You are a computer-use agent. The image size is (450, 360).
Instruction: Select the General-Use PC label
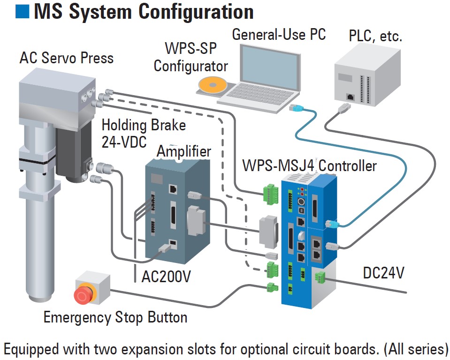click(x=279, y=34)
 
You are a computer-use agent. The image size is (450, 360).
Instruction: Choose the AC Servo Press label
click(x=66, y=58)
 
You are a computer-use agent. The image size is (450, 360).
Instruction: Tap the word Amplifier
click(x=183, y=151)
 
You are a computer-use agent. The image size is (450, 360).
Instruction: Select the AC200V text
click(x=166, y=277)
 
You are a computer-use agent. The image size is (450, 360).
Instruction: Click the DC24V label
click(x=383, y=273)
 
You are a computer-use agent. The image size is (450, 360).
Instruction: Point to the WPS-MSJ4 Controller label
click(x=309, y=165)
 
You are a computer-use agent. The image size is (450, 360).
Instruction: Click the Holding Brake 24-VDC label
click(x=144, y=133)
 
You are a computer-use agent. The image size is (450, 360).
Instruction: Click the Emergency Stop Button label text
click(x=115, y=317)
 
